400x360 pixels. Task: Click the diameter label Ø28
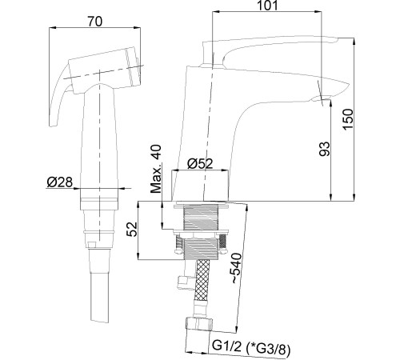[x=61, y=183]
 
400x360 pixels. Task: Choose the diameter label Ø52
[x=200, y=164]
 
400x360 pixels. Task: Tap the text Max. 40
[x=158, y=169]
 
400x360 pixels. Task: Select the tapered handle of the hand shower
[x=101, y=136]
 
